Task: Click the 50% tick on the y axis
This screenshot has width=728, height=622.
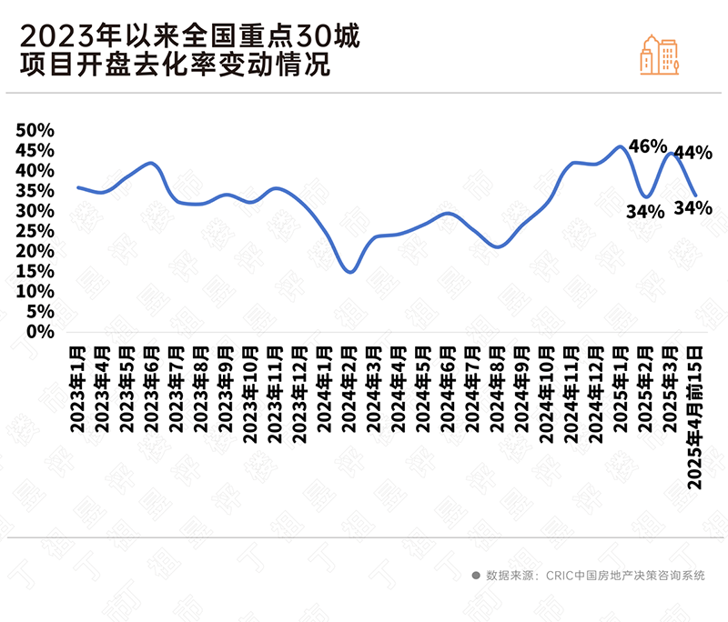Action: [37, 130]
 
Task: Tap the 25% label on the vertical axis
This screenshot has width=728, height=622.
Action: [37, 231]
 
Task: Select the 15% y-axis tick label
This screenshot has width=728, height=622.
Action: [37, 271]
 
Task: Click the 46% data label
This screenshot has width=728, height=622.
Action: [648, 146]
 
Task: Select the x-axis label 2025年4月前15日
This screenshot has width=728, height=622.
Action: [694, 415]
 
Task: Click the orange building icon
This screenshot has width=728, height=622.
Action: [660, 55]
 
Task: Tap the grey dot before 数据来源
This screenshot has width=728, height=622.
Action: [475, 576]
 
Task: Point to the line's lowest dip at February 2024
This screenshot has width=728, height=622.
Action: [349, 271]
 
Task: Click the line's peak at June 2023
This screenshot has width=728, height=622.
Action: [151, 163]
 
